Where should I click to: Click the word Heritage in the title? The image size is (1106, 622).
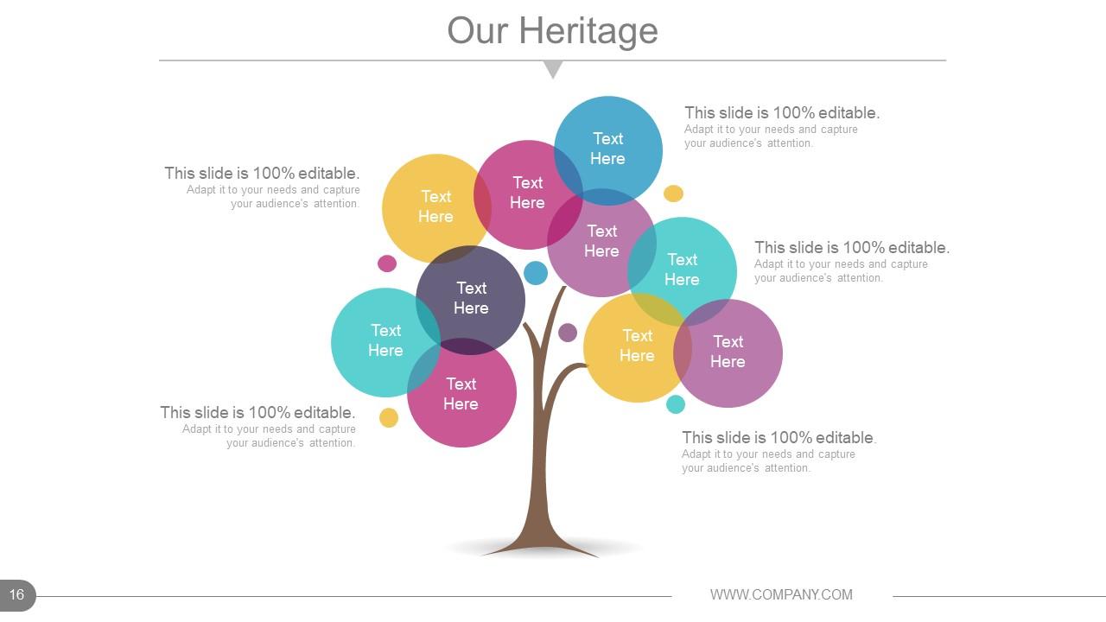pyautogui.click(x=588, y=31)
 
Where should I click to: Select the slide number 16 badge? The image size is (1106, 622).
pyautogui.click(x=17, y=594)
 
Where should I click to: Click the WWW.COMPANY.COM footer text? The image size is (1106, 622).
pyautogui.click(x=781, y=594)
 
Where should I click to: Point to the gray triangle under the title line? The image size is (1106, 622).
pyautogui.click(x=553, y=68)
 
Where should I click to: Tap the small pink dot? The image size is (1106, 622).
pyautogui.click(x=387, y=263)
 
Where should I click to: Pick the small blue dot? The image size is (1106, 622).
pyautogui.click(x=536, y=273)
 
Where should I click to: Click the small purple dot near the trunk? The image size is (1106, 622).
pyautogui.click(x=568, y=333)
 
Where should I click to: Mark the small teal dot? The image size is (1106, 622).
pyautogui.click(x=676, y=404)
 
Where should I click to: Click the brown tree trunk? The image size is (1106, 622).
pyautogui.click(x=541, y=466)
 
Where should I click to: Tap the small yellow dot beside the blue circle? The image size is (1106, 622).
pyautogui.click(x=673, y=194)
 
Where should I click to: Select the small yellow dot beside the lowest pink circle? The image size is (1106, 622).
pyautogui.click(x=389, y=418)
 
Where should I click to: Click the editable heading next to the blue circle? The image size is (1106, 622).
pyautogui.click(x=782, y=112)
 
